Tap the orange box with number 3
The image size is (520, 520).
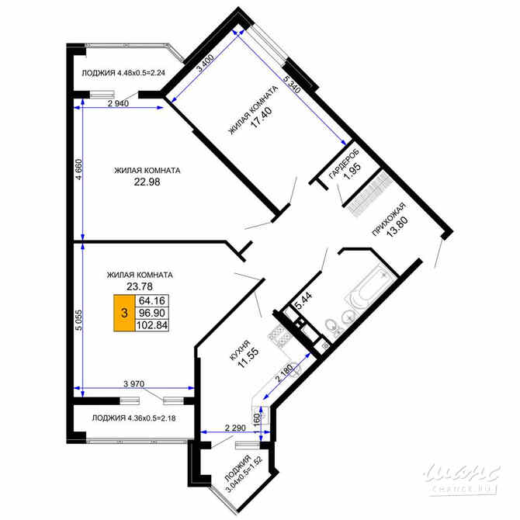point(123,314)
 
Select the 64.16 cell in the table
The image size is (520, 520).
point(151,300)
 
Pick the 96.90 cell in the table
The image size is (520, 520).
point(151,313)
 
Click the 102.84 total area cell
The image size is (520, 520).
point(151,325)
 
